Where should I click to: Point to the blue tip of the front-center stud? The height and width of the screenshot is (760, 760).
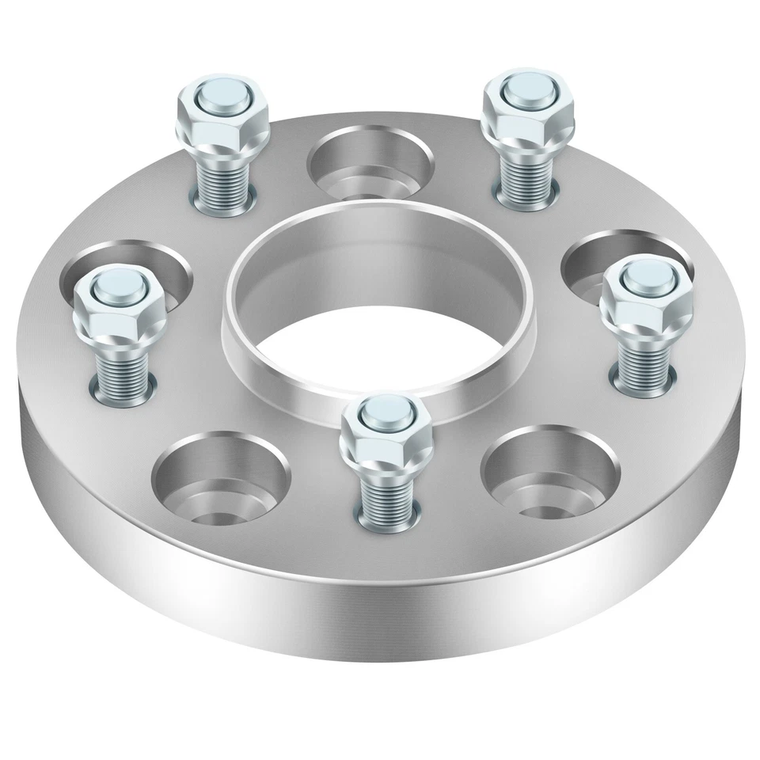coord(384,409)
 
